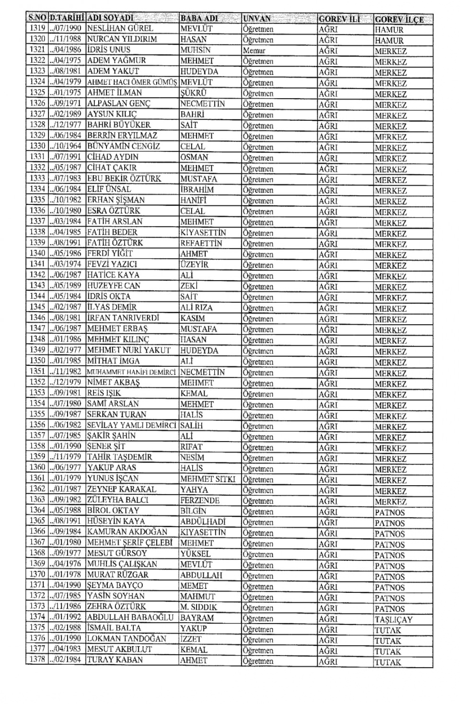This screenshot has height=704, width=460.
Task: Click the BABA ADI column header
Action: pos(199,19)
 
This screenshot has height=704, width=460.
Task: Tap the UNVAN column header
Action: pos(257,19)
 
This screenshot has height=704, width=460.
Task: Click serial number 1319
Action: pos(37,28)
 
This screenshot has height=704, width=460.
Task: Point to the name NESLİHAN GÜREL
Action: pos(120,28)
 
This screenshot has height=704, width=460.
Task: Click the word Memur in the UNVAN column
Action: pos(254,50)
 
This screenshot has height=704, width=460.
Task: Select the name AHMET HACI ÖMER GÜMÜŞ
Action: pos(132,82)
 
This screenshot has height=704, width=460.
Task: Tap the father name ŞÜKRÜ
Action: pos(193,93)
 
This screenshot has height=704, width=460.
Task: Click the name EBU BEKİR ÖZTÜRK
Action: pos(124,179)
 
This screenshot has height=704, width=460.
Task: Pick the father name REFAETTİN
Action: pos(201,243)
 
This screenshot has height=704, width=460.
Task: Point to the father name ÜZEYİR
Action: pos(194,264)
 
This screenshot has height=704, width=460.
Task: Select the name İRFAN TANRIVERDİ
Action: pos(123,318)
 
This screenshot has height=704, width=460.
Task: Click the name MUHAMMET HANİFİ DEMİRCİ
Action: pos(132,372)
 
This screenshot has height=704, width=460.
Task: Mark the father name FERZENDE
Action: pos(200,500)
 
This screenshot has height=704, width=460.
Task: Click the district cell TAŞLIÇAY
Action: pos(393,619)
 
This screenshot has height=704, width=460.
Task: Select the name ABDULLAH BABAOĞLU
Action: pos(130,617)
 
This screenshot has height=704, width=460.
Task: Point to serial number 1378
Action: pos(37,660)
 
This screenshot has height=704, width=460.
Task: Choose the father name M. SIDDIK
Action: pos(198,607)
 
